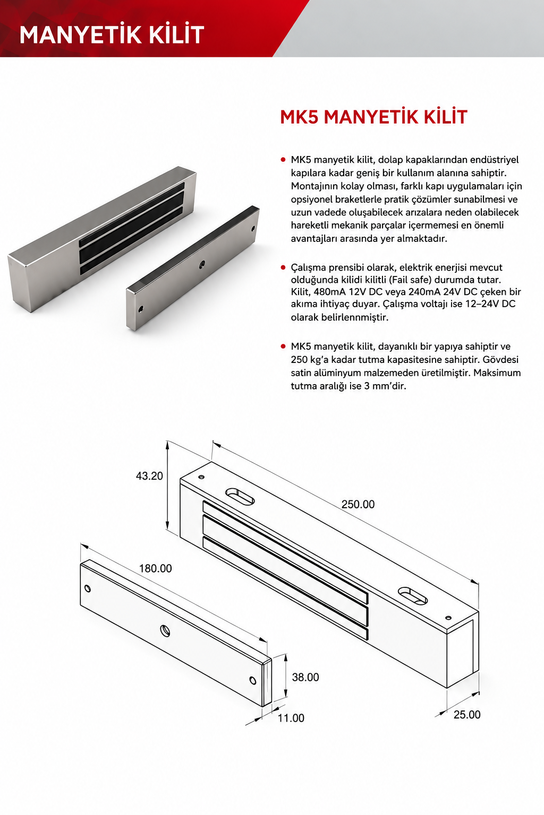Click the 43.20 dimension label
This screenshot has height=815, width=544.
click(149, 476)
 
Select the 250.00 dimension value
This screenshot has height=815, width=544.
click(358, 504)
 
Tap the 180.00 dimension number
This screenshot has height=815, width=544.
click(155, 568)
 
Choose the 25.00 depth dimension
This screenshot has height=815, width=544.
click(467, 715)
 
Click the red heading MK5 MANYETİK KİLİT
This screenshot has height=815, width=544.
click(373, 117)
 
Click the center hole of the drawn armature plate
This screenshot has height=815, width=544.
click(166, 630)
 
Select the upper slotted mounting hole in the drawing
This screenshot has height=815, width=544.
click(240, 496)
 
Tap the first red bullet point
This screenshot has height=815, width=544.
click(283, 160)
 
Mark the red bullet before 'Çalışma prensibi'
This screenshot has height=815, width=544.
click(283, 267)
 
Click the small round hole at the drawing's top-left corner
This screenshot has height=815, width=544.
click(201, 477)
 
